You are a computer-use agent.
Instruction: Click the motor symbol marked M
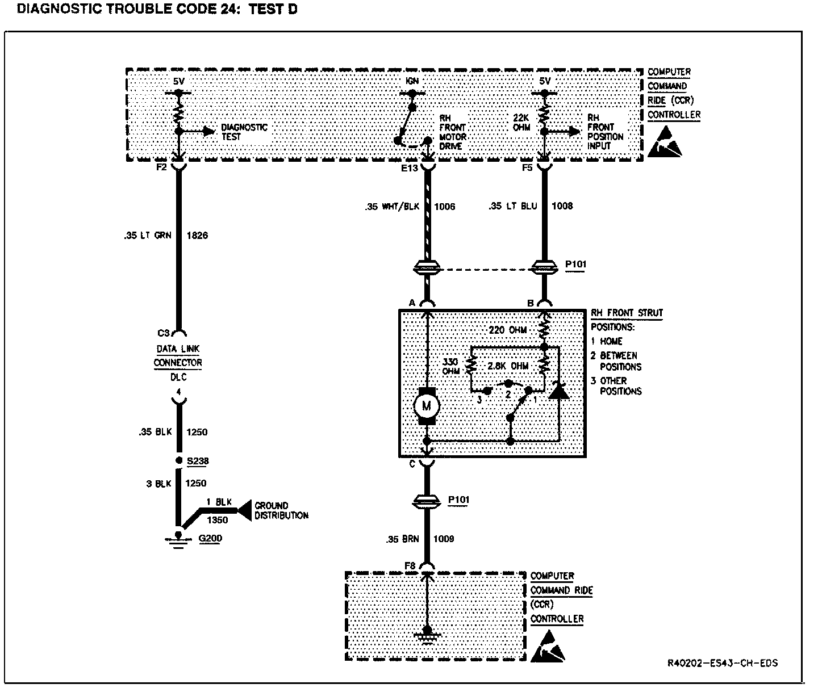(x=426, y=406)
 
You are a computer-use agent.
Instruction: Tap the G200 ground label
(x=210, y=539)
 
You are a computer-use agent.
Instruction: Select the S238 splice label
(x=198, y=461)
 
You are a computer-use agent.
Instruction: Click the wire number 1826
(x=197, y=235)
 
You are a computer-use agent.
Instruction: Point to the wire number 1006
(x=445, y=206)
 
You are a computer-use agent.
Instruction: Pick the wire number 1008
(x=562, y=206)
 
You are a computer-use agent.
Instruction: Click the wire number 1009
(x=444, y=539)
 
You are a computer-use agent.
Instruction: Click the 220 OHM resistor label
(x=508, y=330)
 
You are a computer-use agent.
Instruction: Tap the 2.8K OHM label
(x=508, y=366)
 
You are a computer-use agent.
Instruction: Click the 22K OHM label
(x=521, y=123)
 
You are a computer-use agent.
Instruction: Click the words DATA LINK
(x=178, y=349)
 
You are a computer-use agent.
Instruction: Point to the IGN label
(x=412, y=81)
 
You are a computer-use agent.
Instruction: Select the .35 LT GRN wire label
(x=147, y=235)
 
